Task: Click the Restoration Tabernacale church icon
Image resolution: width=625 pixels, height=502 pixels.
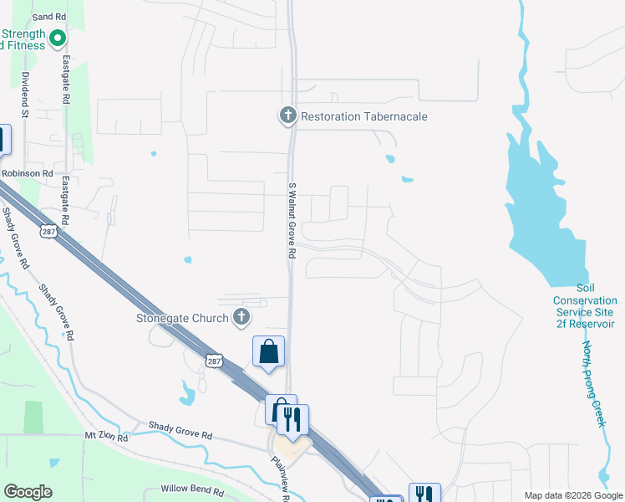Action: coord(288,116)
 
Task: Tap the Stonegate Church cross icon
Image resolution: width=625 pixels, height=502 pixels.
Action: coord(241,317)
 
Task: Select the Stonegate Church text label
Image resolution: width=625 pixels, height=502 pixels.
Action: coord(182,318)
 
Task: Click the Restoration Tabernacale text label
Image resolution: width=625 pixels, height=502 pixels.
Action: coord(364,116)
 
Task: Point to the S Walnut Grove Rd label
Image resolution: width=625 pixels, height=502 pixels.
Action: coord(292,221)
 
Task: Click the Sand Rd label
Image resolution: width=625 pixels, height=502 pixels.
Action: coord(48,17)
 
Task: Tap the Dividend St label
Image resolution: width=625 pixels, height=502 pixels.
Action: coord(25,94)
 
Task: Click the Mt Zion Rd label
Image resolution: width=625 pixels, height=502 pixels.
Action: coord(106,437)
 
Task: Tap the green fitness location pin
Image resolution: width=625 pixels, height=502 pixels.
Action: coord(58,38)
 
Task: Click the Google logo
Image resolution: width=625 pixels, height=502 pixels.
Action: coord(28,492)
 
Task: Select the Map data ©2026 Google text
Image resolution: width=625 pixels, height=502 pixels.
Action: coord(572,495)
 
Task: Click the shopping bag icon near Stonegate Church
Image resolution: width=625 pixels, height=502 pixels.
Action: coord(269,352)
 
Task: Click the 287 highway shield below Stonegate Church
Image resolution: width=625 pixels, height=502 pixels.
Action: coord(214,360)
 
